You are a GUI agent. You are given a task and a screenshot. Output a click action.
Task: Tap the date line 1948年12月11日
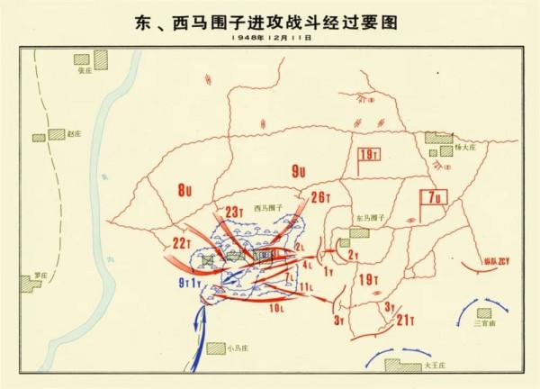[269, 39]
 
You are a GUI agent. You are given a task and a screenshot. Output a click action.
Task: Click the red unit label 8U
[184, 190]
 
